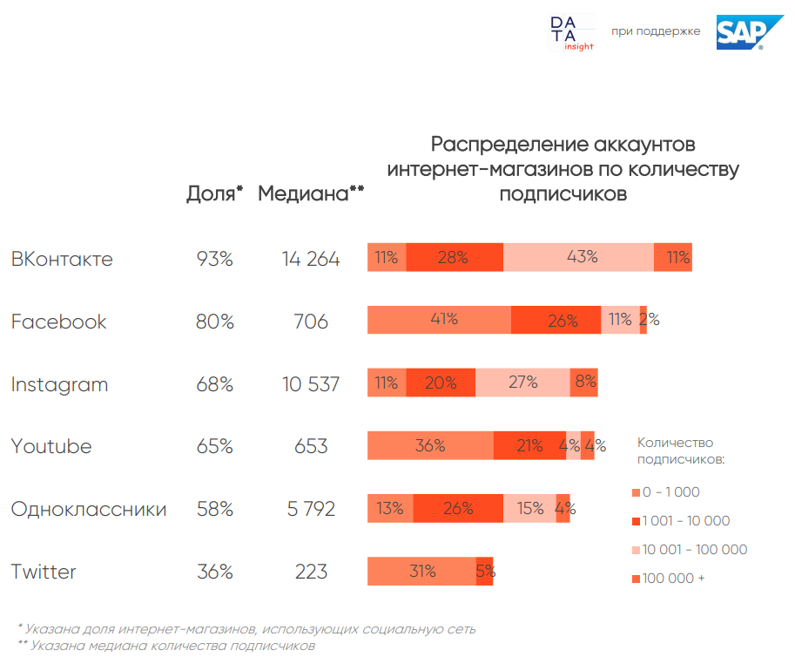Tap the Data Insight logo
[x=571, y=33]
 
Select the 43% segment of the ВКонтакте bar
[x=579, y=258]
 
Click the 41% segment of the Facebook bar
[x=440, y=320]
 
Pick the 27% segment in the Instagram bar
[x=522, y=383]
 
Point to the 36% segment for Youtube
[x=430, y=446]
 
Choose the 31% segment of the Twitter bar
[x=422, y=572]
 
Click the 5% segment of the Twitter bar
[x=485, y=572]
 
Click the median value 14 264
[x=311, y=259]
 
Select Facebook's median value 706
[x=311, y=322]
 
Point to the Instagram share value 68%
[x=214, y=384]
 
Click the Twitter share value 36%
[x=214, y=572]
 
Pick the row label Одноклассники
[x=89, y=509]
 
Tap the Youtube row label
[x=51, y=446]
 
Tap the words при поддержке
[x=656, y=31]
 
